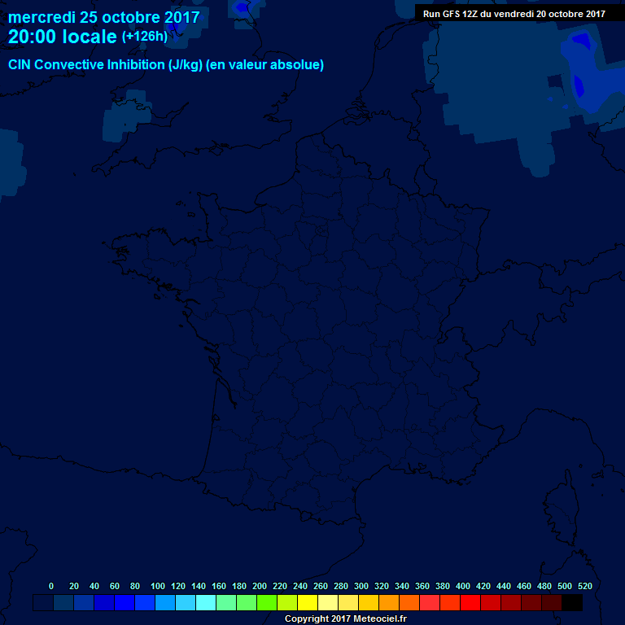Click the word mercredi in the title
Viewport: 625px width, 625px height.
pos(42,17)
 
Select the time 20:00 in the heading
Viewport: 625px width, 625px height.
pos(33,37)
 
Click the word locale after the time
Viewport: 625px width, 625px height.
pos(90,37)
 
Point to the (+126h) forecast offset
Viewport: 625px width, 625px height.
pos(145,37)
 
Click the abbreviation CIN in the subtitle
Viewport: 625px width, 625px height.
pos(20,65)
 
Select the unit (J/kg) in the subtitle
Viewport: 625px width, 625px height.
pos(186,65)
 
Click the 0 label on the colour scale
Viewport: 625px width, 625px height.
pos(51,586)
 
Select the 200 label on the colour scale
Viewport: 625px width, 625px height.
pos(260,586)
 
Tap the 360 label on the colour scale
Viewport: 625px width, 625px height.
pos(422,586)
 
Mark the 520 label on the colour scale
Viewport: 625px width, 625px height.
pos(585,586)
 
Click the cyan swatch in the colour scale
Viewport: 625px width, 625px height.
pos(206,603)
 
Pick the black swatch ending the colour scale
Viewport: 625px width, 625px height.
pos(572,603)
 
